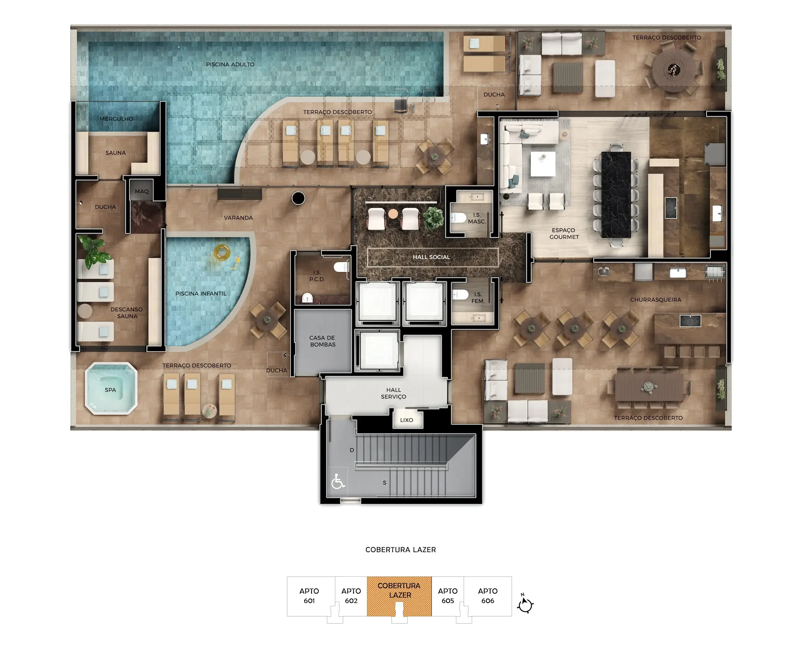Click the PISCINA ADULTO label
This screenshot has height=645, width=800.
click(x=230, y=64)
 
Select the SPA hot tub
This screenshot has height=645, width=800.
click(x=111, y=388)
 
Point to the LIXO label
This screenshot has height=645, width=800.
click(x=407, y=420)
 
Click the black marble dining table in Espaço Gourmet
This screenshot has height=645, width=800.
click(x=616, y=195)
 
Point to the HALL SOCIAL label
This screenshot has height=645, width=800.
click(x=431, y=257)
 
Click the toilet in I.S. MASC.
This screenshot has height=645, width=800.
click(x=458, y=217)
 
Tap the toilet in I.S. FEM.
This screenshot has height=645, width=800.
click(x=460, y=295)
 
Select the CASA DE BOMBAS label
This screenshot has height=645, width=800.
click(x=322, y=341)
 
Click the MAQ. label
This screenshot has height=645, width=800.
click(x=142, y=191)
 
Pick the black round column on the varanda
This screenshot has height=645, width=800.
click(x=298, y=198)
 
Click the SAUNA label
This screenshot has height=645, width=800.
click(x=116, y=153)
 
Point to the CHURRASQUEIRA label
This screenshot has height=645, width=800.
click(x=655, y=300)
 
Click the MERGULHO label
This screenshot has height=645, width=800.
click(x=116, y=119)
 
